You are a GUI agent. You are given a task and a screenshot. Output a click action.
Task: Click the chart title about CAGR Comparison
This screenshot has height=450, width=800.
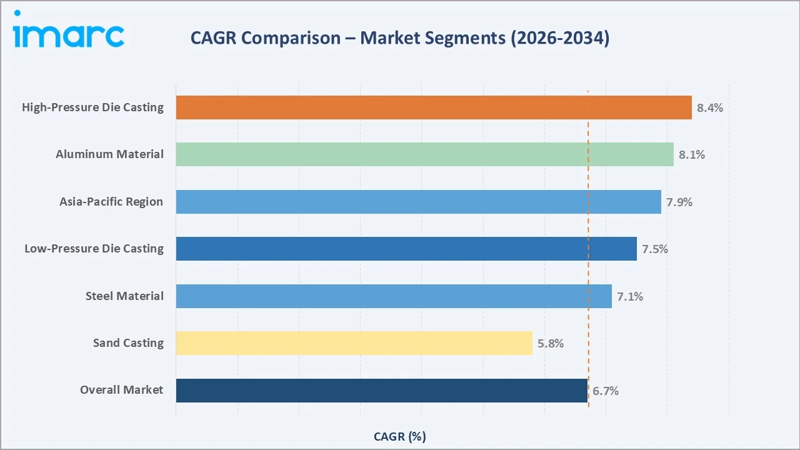point(399,38)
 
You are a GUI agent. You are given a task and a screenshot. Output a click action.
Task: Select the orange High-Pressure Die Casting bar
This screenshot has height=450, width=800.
point(434,107)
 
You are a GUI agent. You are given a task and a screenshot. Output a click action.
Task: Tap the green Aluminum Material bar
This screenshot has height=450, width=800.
point(424,154)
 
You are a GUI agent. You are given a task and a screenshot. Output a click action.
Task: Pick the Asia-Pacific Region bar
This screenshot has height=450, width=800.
point(418,202)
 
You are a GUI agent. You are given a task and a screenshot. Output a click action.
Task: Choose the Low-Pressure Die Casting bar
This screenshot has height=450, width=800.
point(406,249)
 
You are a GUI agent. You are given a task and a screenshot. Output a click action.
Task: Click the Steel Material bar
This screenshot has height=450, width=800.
point(394,296)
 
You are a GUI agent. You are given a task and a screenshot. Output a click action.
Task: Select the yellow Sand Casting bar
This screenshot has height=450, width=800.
point(354,343)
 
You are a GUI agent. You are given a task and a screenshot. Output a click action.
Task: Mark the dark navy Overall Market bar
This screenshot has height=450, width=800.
point(381,391)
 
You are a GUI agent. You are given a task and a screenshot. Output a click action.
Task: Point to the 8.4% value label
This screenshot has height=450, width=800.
point(710,107)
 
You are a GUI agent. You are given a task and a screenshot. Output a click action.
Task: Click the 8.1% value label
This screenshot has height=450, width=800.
point(692,154)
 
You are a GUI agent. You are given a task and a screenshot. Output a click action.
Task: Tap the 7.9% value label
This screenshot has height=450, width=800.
point(679,202)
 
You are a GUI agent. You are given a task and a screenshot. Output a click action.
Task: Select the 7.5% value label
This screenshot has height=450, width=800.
point(655,249)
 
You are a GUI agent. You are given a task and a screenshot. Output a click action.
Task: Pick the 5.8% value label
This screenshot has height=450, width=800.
point(551,343)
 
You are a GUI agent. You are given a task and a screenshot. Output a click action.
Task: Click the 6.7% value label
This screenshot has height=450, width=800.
point(606,391)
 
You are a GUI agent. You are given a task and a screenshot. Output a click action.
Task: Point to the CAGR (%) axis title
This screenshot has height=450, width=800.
point(399,436)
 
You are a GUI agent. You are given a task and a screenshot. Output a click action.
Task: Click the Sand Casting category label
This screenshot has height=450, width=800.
point(128,343)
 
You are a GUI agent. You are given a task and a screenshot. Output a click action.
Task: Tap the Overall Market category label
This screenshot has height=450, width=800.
point(121,390)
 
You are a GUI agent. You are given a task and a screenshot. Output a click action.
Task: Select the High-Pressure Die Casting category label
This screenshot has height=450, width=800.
point(92,107)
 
